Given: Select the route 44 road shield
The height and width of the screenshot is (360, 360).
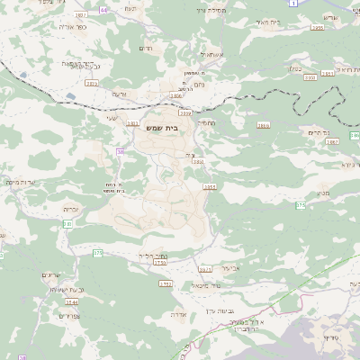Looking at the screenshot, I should pos(103,9).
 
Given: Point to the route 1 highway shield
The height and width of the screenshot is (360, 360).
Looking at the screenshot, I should pos(292,4).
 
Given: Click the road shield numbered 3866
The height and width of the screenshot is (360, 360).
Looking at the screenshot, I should pos(263,125).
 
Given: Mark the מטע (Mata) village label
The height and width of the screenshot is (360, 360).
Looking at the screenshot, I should pos(323,193).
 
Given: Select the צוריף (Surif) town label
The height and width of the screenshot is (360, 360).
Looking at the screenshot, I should pos(331,340).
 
